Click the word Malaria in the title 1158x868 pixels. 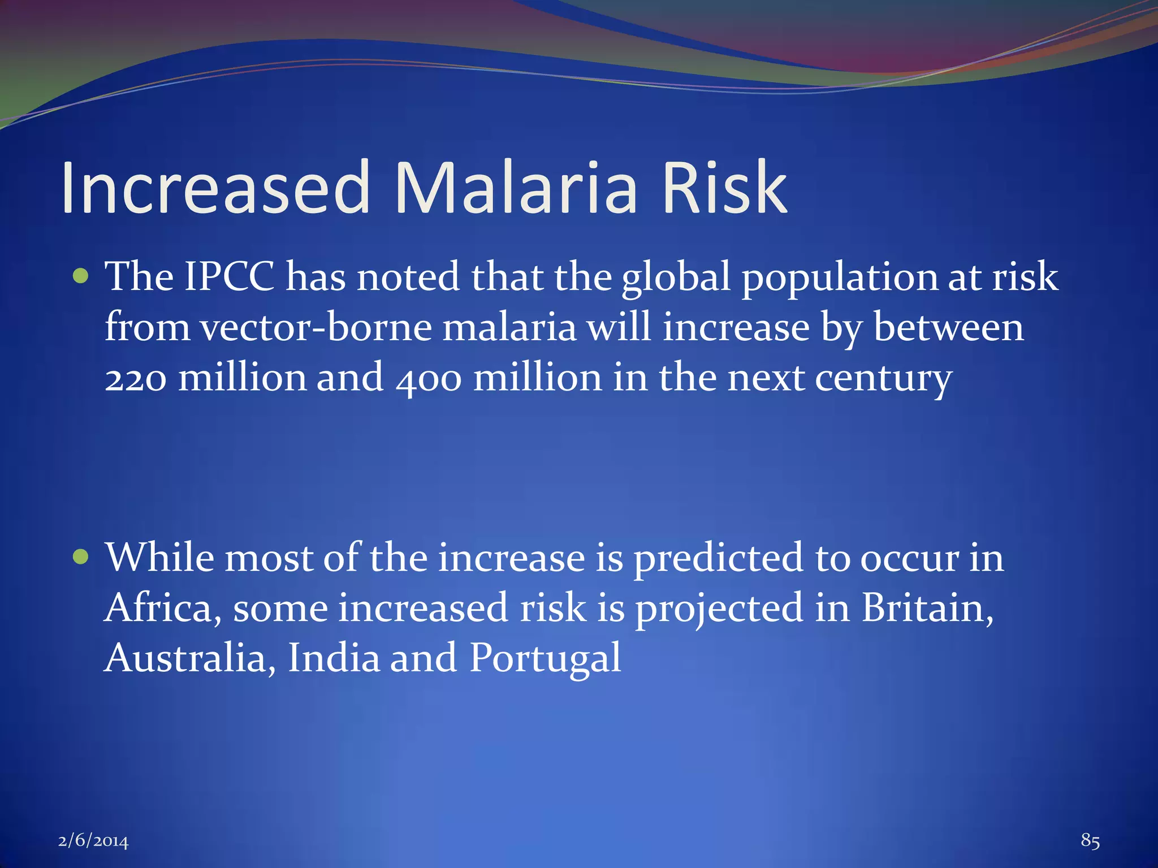516,188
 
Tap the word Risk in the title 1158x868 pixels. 724,188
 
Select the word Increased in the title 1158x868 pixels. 215,188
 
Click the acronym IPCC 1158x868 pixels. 230,277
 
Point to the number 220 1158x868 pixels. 136,379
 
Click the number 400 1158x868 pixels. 429,379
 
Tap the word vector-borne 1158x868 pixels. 316,328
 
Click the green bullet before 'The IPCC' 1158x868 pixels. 81,276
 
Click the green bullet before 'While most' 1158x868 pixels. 81,557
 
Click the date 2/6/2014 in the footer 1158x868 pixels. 93,841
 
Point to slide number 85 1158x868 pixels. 1090,840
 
